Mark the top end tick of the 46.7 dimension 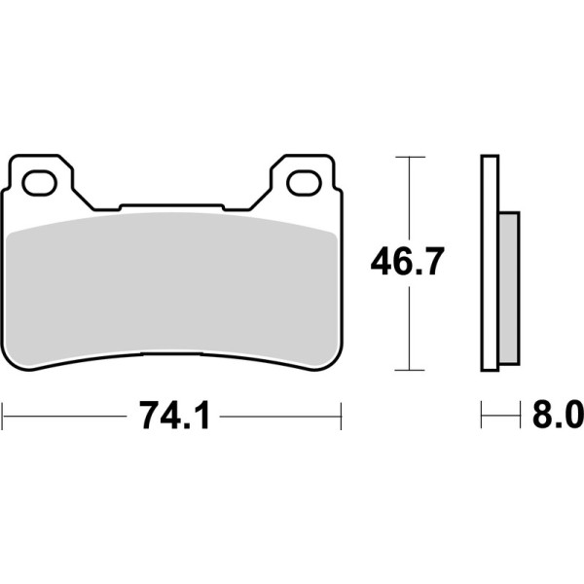[410, 156]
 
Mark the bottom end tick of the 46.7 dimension [410, 370]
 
